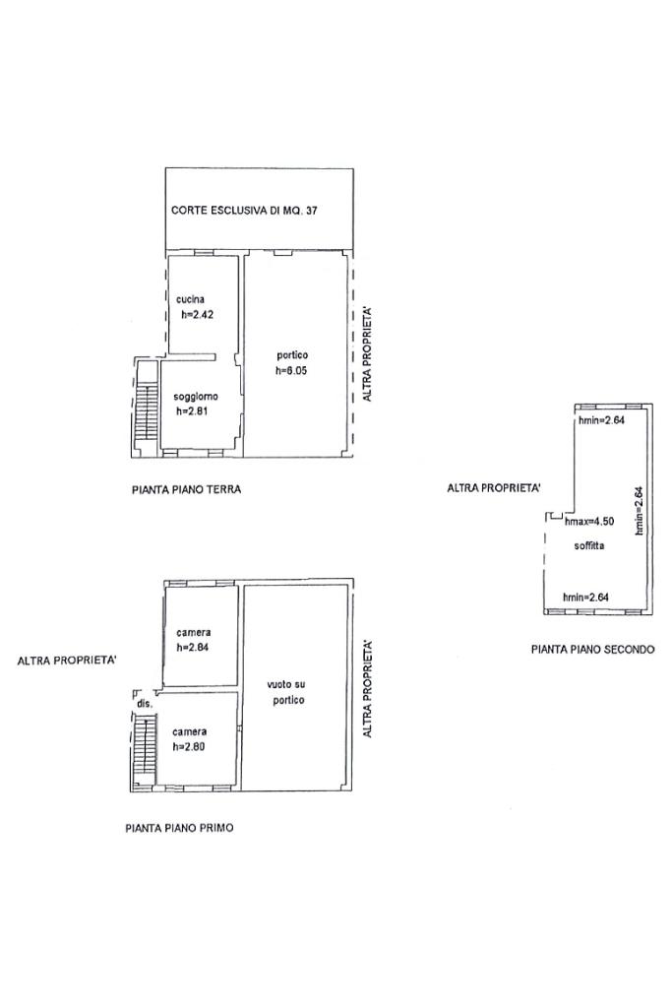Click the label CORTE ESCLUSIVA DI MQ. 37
(x=244, y=211)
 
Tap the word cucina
(x=190, y=299)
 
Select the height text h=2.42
(x=197, y=315)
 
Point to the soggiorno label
(x=196, y=397)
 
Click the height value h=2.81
(x=192, y=412)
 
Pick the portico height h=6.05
(x=291, y=371)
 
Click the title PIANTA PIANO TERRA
(x=186, y=490)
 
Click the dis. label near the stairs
(x=145, y=704)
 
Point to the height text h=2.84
(x=193, y=648)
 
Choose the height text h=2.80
(x=189, y=747)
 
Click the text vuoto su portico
(x=286, y=692)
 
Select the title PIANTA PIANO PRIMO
(x=179, y=828)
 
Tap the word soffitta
(x=589, y=545)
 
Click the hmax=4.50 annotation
(x=589, y=522)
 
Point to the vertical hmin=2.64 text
(x=639, y=511)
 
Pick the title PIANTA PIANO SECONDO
(x=593, y=650)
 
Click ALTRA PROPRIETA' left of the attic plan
(x=494, y=488)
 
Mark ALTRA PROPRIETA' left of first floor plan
(x=67, y=661)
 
